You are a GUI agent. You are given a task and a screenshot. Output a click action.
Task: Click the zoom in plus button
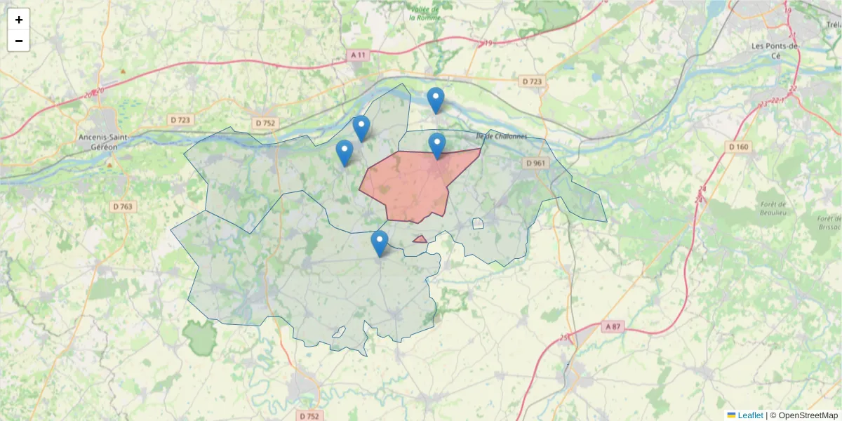(x=19, y=20)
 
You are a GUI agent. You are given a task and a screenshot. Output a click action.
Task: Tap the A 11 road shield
(x=359, y=55)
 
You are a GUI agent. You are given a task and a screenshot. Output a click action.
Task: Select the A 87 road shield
(x=613, y=326)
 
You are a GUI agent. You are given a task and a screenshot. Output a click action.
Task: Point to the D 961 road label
(x=535, y=163)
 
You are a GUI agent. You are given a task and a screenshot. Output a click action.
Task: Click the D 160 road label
(x=739, y=147)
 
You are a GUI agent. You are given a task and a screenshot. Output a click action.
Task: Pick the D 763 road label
(x=123, y=206)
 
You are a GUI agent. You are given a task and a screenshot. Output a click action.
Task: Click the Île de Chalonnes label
(x=500, y=136)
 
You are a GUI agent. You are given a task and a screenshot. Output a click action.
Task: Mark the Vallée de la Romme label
(x=425, y=13)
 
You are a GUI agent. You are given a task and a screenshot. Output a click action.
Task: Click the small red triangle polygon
(x=420, y=240)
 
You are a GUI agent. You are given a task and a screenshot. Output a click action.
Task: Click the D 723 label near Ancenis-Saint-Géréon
(x=180, y=120)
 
